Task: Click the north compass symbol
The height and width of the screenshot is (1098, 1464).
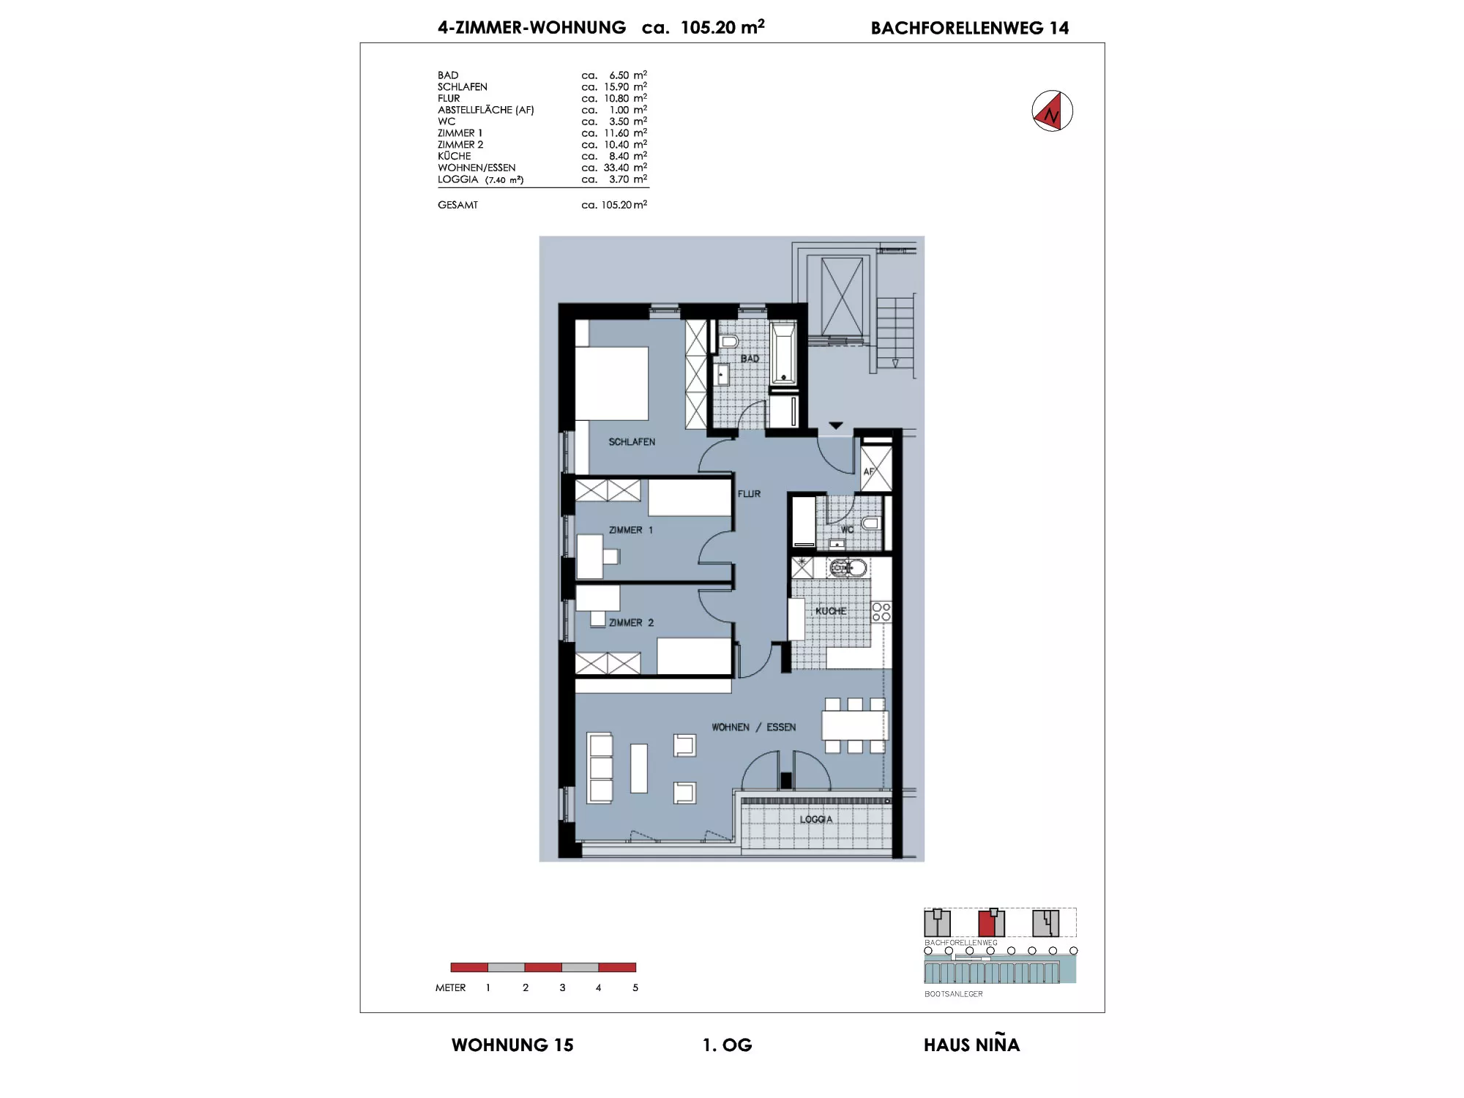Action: [1052, 111]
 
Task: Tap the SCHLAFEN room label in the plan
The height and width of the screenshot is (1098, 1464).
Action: [632, 442]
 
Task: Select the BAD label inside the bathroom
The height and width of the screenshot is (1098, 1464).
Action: [750, 359]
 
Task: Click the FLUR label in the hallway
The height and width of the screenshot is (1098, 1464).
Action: [749, 494]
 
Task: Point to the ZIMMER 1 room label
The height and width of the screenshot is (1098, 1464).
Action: [630, 530]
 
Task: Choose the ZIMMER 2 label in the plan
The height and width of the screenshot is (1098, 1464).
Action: [631, 623]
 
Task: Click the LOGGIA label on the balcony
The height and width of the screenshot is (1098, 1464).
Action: [815, 819]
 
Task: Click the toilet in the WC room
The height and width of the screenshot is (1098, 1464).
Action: [870, 523]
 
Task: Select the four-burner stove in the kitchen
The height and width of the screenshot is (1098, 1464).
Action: [881, 612]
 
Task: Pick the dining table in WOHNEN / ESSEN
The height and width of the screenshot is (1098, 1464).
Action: [854, 725]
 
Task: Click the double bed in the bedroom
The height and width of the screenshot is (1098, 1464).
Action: [612, 383]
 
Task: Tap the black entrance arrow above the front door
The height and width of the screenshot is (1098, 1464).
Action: [836, 425]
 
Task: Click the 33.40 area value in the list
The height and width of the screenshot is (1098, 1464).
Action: [616, 168]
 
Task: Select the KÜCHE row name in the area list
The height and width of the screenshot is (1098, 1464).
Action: [455, 156]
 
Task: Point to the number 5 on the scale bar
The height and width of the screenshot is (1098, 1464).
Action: [635, 987]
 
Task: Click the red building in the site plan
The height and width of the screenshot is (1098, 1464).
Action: [991, 923]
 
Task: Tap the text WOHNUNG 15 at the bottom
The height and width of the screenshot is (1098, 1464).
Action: [512, 1045]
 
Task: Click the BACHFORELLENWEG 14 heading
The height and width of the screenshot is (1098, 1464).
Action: [970, 28]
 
